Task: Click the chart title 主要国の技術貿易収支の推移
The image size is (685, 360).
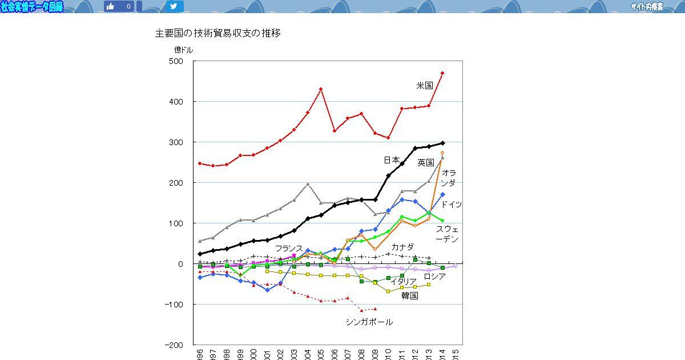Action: coord(217,33)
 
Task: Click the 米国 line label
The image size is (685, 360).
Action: coord(425,86)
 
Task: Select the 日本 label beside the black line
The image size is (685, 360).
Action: coord(392,160)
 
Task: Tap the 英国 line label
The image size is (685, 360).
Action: coord(426,163)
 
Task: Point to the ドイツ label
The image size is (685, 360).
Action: coord(451,205)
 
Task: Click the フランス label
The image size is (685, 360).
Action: coord(289,249)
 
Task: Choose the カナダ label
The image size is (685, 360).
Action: coord(402,247)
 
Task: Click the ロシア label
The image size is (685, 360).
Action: coord(434,277)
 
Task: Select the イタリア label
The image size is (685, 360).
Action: coord(404,282)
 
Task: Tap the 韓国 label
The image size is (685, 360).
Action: coord(409,295)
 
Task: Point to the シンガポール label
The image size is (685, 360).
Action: coord(369,322)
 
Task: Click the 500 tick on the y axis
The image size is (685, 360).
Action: coord(176,61)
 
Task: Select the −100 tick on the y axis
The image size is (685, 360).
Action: coord(172,305)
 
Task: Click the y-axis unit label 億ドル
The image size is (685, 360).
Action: coord(183,50)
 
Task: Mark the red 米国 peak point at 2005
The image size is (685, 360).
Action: coord(321,89)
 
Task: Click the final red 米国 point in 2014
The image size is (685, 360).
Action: coord(442,73)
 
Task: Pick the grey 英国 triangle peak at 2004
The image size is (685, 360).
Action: coord(308,184)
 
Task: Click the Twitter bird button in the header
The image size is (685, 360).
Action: coord(175,6)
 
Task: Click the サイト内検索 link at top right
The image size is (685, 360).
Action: coord(647,7)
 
